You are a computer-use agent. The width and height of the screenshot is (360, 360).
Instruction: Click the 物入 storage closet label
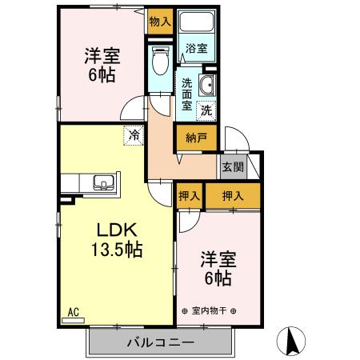(160, 22)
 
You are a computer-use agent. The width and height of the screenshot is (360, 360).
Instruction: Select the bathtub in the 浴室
(192, 24)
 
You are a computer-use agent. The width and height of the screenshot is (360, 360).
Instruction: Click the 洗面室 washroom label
(186, 93)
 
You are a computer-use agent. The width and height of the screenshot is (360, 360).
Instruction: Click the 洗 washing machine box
(206, 110)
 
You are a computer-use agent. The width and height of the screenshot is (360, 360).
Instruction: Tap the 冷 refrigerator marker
(134, 136)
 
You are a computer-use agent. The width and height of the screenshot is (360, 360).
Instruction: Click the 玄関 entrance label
(233, 167)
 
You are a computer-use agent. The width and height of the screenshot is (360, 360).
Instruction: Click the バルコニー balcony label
(161, 344)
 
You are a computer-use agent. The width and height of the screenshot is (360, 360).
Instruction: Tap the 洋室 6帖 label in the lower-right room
(216, 268)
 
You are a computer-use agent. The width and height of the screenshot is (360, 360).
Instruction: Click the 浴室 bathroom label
(195, 48)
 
